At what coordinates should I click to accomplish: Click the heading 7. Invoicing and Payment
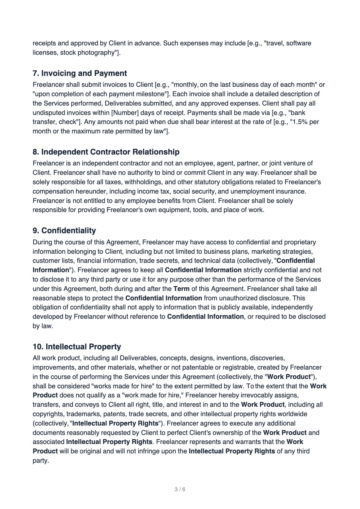(x=80, y=73)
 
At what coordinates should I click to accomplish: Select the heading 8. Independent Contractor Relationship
(x=106, y=152)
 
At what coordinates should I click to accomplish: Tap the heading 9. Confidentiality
(x=64, y=230)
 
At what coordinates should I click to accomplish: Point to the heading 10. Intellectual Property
(x=77, y=347)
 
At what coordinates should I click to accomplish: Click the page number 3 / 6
(x=180, y=489)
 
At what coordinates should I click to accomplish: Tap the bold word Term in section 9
(x=181, y=289)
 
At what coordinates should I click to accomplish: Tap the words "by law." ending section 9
(x=43, y=326)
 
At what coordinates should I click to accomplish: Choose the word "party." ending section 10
(x=41, y=461)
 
